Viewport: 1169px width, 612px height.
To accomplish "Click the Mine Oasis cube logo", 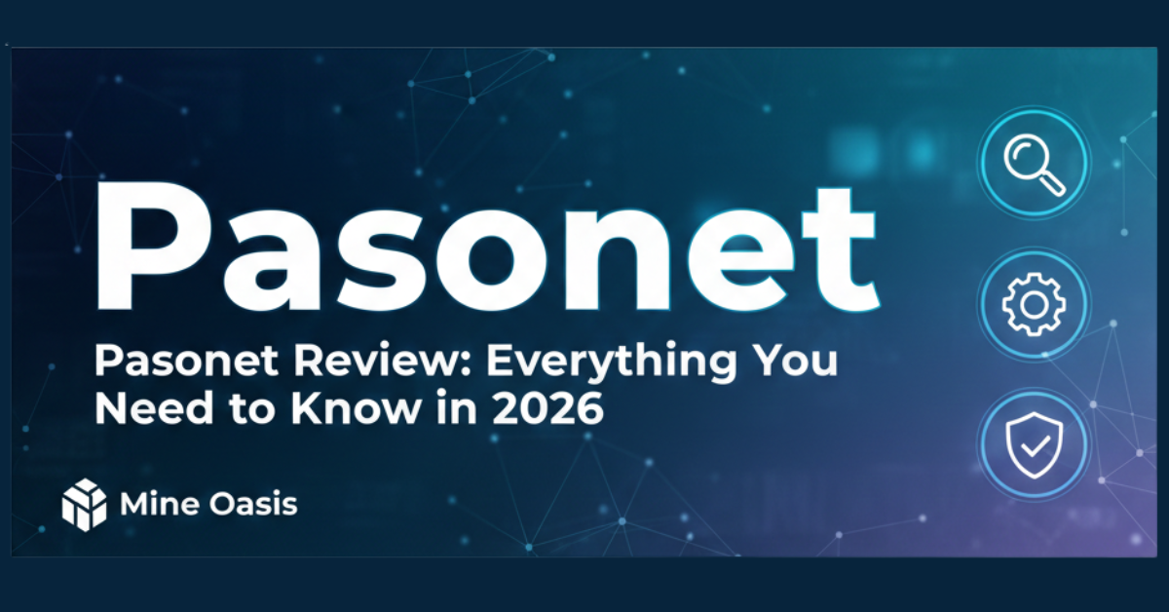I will pyautogui.click(x=84, y=505).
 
